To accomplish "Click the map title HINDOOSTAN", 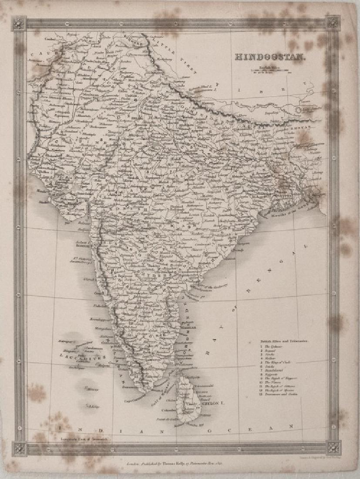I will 264,57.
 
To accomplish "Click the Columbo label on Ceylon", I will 168,409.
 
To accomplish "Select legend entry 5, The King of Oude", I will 279,361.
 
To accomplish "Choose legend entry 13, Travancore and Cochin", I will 283,399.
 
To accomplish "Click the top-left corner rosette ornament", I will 19,23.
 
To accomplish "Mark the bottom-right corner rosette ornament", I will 334,447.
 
